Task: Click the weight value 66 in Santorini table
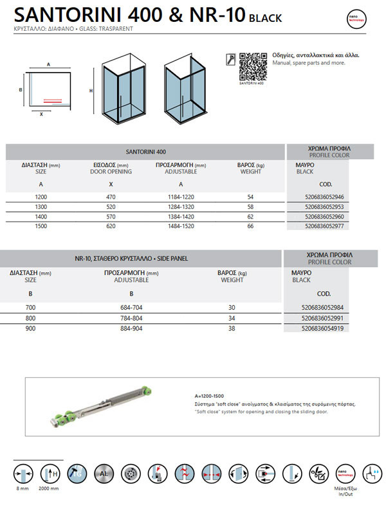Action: (x=250, y=227)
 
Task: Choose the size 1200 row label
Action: (x=41, y=197)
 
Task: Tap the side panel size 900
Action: (x=31, y=328)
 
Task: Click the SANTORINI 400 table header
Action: (x=147, y=152)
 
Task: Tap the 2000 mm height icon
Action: (x=50, y=475)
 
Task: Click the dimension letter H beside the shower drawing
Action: (x=91, y=91)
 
